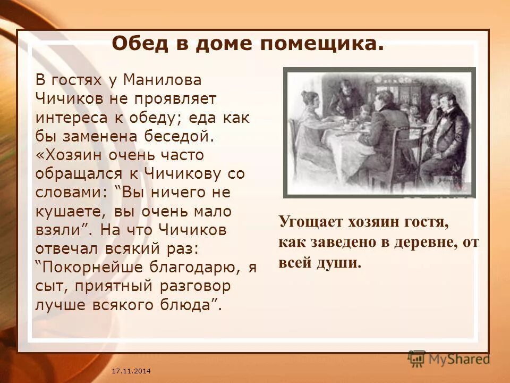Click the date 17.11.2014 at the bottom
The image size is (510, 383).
tap(131, 370)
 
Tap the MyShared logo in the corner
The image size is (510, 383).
tap(449, 359)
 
